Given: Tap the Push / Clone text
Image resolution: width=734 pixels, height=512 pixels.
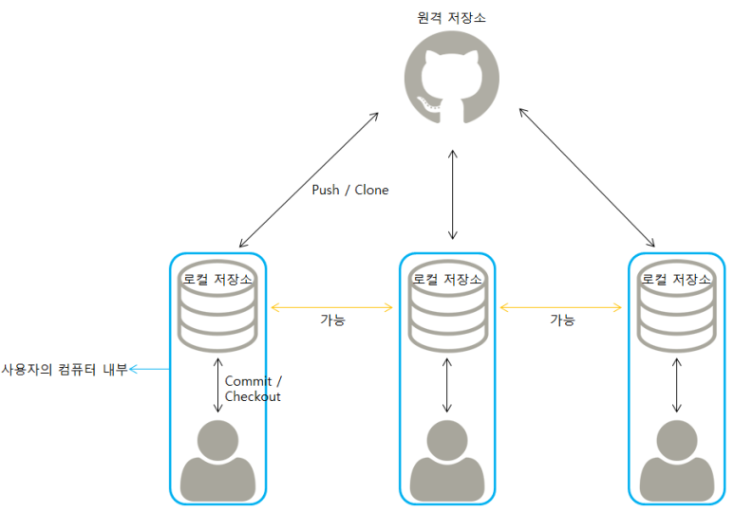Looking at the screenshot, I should [x=350, y=190].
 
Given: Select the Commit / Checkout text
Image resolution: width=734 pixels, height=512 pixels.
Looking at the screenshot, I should [x=253, y=389].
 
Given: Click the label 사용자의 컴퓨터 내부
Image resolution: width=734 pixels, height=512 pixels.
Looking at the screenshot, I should [x=64, y=369].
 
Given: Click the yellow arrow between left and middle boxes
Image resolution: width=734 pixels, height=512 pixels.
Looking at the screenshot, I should [x=332, y=307].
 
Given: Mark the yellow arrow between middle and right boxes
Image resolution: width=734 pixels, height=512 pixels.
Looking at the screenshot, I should [x=561, y=307].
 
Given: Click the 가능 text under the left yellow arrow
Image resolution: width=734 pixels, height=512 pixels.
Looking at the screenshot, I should [x=332, y=320].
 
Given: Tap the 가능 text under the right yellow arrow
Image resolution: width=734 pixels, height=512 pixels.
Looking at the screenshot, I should [x=562, y=320].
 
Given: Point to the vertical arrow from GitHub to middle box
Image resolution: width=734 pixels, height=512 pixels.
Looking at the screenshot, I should [x=453, y=194].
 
